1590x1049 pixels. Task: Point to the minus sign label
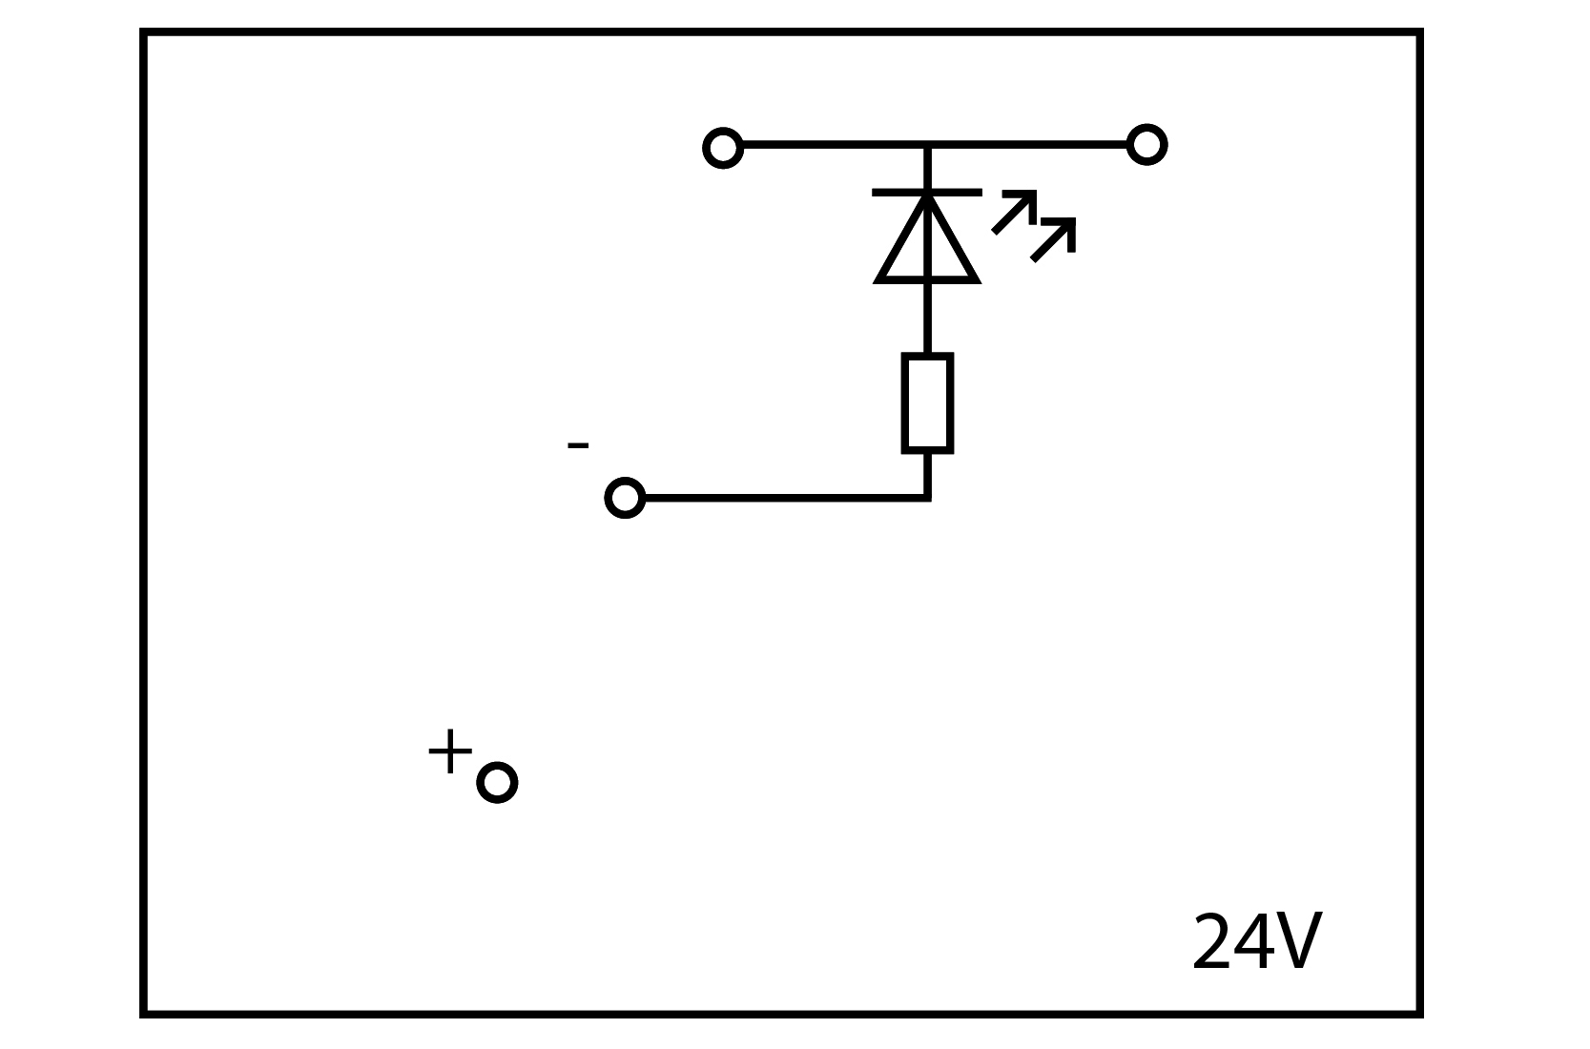[578, 445]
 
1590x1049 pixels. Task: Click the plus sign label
[450, 751]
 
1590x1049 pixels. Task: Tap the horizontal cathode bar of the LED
[927, 193]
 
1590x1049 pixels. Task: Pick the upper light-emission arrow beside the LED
[1014, 212]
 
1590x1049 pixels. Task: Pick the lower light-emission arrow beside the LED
[1053, 240]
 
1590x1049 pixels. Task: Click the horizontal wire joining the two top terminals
[935, 145]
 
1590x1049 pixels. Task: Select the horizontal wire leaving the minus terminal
[787, 498]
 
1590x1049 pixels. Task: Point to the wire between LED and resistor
[927, 318]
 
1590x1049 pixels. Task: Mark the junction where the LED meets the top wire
[927, 146]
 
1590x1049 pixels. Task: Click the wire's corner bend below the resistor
[927, 498]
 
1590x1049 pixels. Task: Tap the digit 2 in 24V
[1212, 941]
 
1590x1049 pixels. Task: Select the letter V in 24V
[1296, 941]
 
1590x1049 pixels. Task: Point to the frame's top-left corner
[143, 31]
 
